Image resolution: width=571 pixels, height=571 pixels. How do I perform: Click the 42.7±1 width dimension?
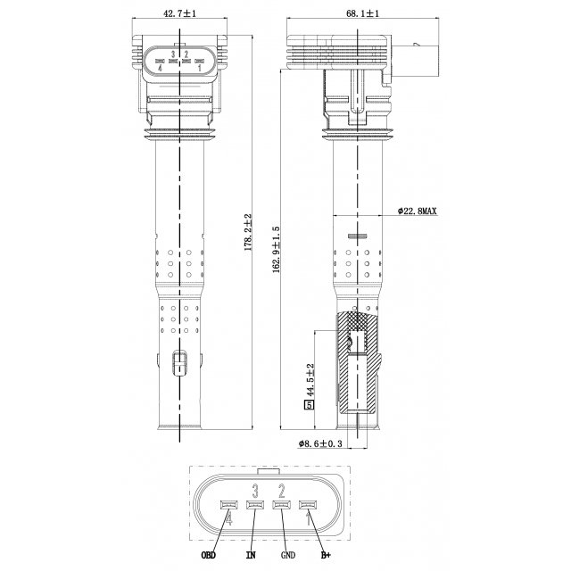click(x=180, y=13)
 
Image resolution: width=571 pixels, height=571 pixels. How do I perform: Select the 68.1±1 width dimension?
click(x=363, y=13)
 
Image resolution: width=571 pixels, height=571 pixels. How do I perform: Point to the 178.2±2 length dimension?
click(x=248, y=232)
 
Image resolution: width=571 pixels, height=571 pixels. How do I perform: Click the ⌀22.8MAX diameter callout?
click(x=417, y=211)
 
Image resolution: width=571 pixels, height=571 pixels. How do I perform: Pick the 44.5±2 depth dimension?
click(x=310, y=380)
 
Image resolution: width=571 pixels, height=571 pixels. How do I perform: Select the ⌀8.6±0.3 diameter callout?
click(x=320, y=443)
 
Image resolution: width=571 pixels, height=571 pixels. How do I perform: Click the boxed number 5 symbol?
click(x=310, y=404)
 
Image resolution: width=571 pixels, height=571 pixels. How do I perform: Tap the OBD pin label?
click(x=209, y=555)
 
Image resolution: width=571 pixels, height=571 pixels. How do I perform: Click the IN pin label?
click(x=251, y=555)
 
